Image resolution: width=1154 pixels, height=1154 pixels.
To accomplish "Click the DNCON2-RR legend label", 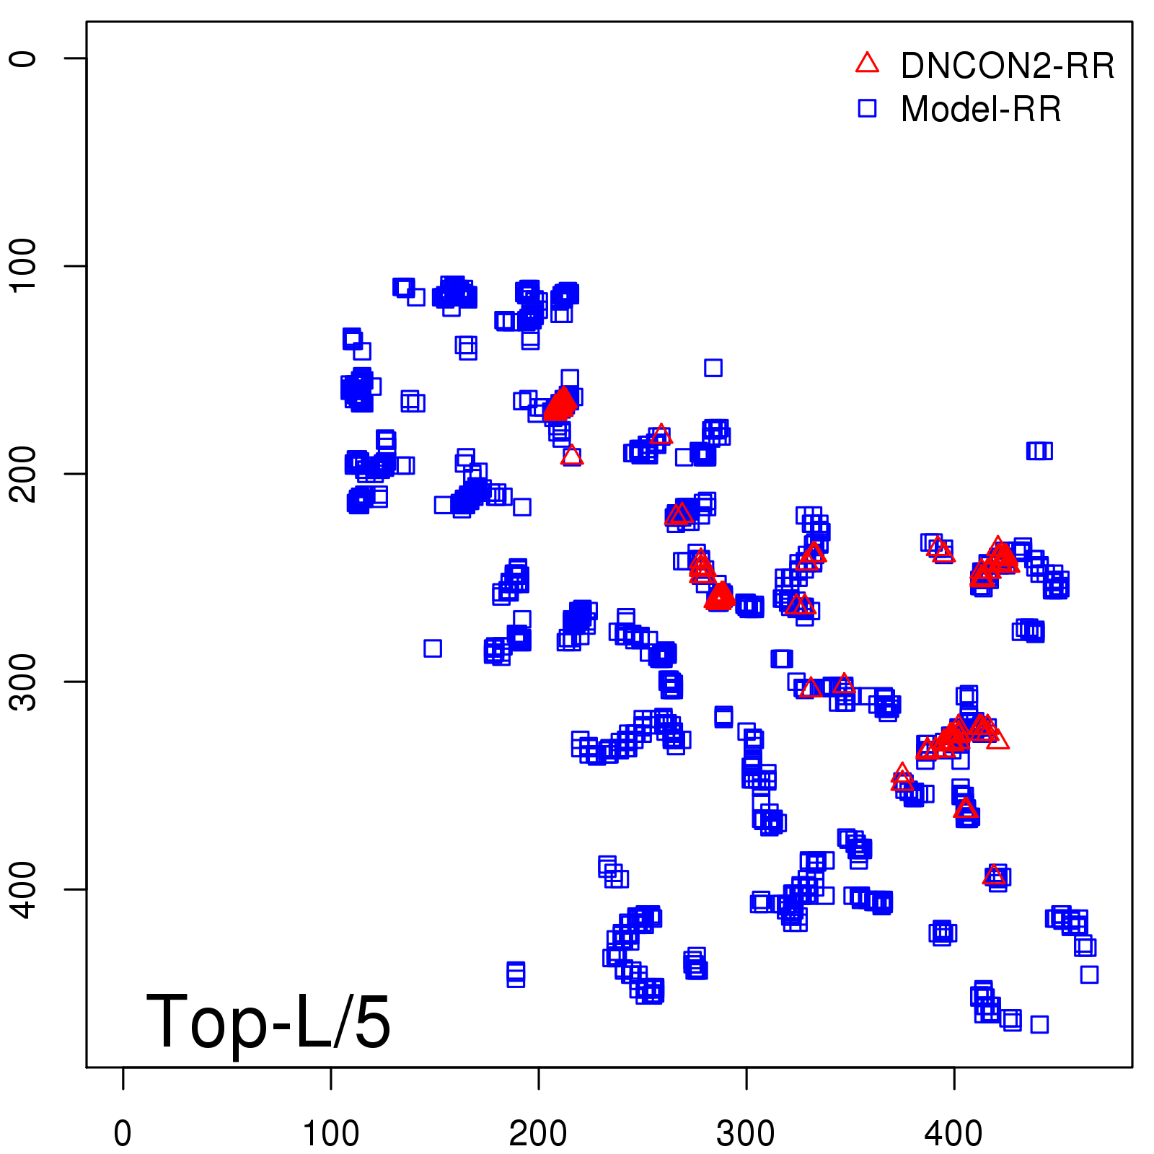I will pos(1007,66).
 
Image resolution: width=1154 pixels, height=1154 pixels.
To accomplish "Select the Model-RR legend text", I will pos(981,110).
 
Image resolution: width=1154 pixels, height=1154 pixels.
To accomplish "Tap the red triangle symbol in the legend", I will pos(867,63).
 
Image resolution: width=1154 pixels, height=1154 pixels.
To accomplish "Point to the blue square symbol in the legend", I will pos(867,108).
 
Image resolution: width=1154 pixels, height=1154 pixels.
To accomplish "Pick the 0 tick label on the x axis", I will pos(123,1134).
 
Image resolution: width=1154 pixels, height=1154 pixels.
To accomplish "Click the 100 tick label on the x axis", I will pos(330,1134).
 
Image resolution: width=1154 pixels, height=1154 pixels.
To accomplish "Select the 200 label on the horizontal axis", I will pos(538,1134).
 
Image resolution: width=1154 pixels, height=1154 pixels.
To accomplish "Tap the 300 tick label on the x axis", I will pos(746,1134).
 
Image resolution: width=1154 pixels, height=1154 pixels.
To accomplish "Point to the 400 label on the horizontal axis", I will pos(953,1134).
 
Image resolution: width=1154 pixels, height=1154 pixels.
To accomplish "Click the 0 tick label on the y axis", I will pos(23,58).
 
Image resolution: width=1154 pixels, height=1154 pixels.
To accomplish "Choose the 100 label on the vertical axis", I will pos(23,265).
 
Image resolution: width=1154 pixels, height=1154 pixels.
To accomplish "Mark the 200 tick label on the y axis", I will pos(23,473).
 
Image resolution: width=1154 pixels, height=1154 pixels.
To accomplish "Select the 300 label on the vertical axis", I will pos(23,682).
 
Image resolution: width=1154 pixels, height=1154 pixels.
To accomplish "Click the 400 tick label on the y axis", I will pos(23,889).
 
